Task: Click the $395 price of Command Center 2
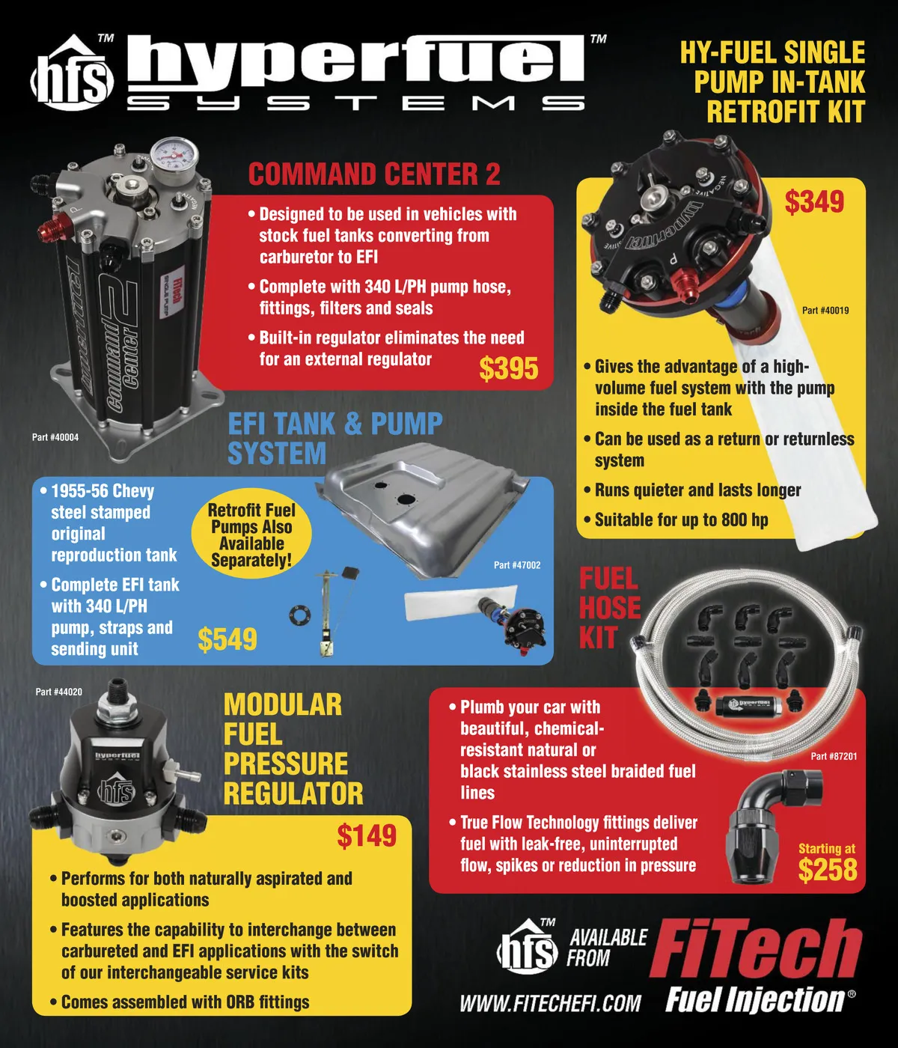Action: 508,368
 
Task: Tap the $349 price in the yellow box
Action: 814,202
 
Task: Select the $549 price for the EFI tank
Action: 227,639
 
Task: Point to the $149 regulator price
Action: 367,836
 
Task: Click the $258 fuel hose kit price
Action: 828,870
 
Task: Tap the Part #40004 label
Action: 55,437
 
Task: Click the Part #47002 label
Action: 517,565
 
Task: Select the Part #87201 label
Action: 834,756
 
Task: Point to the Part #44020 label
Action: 59,692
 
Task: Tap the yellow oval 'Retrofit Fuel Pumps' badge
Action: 251,534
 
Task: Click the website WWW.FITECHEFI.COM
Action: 550,1003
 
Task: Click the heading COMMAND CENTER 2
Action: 374,174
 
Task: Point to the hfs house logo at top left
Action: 71,73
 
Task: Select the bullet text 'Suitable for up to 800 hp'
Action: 681,520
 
